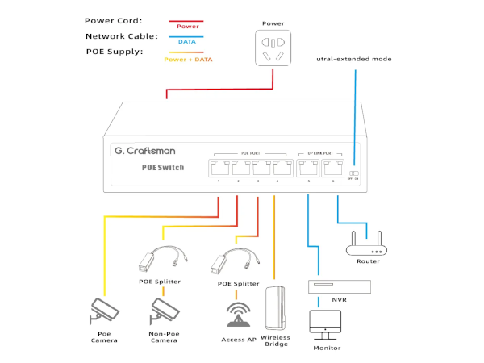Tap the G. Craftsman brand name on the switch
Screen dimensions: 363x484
(x=145, y=151)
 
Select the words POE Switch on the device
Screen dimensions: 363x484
(x=163, y=168)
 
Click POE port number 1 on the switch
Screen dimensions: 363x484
(x=219, y=168)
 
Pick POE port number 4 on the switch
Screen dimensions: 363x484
(x=282, y=168)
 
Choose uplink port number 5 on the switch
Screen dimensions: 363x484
(x=307, y=168)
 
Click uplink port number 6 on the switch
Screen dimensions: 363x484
(x=332, y=168)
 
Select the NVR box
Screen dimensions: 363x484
(x=340, y=286)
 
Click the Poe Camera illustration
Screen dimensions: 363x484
(x=105, y=311)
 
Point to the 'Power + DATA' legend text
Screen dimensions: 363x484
(x=187, y=60)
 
